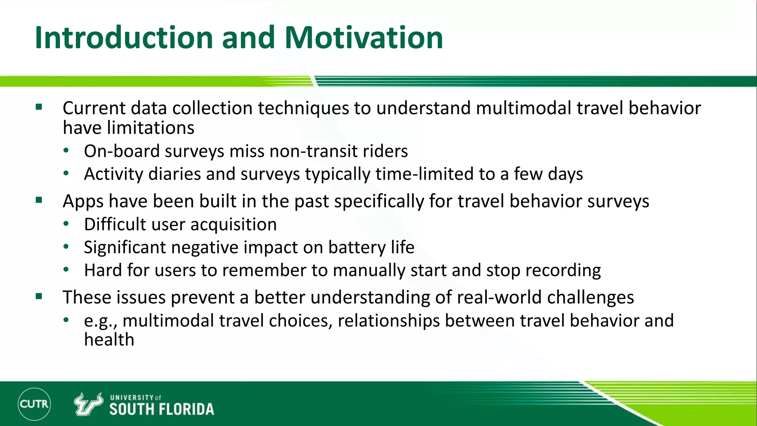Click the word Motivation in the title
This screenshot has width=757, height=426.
coord(364,38)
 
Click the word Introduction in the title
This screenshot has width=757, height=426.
coord(124,38)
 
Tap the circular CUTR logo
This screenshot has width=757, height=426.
coord(34,404)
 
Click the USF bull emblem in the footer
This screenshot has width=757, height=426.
coord(88,404)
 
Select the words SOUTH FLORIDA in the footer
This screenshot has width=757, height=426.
coord(162,409)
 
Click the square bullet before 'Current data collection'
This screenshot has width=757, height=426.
coord(39,108)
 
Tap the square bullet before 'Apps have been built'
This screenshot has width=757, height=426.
coord(39,200)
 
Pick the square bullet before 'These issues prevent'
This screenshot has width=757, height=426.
coord(39,296)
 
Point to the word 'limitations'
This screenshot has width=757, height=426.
coord(150,128)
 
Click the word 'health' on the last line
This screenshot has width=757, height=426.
coord(109,339)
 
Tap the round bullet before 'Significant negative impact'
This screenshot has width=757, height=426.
coord(66,247)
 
